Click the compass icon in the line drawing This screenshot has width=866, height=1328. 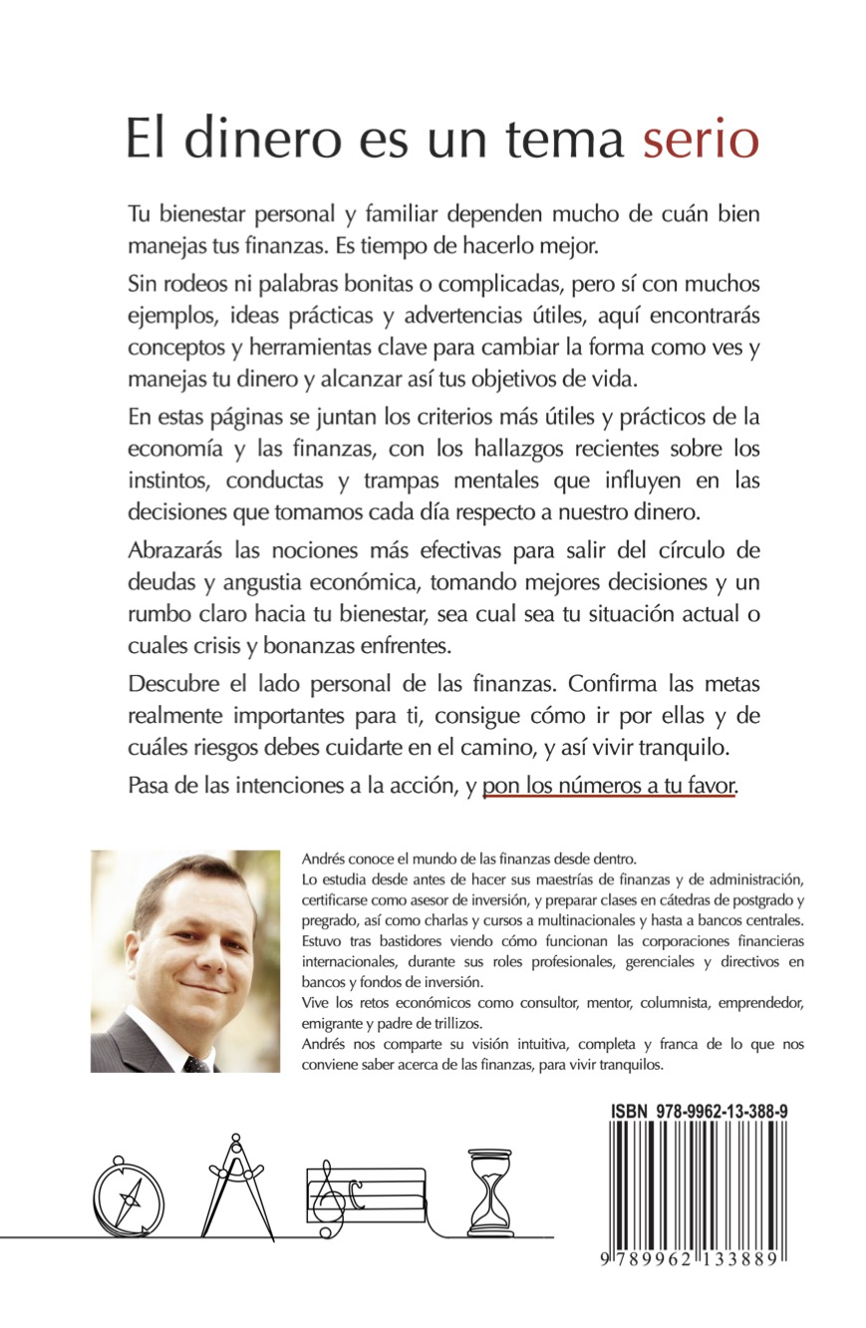[128, 1196]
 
